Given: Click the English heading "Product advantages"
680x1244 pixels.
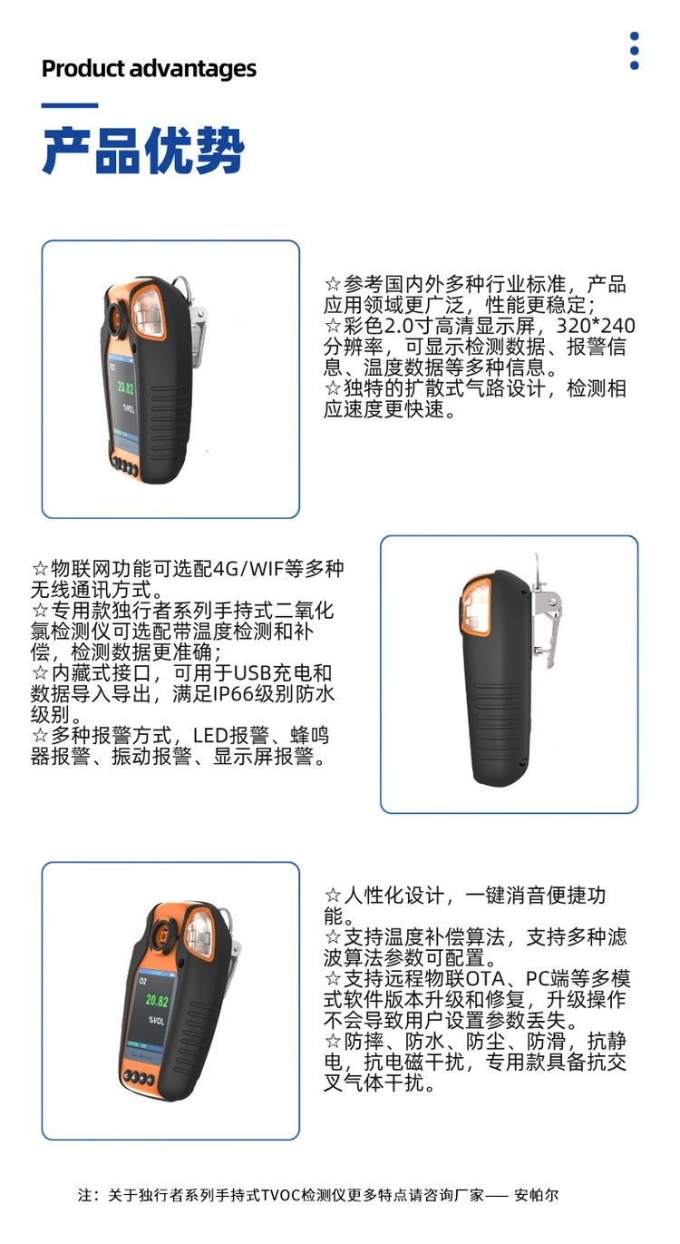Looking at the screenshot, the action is [x=149, y=69].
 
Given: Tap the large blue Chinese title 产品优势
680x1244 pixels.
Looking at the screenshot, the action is [x=143, y=150].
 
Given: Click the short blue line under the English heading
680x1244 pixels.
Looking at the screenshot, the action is [x=70, y=105].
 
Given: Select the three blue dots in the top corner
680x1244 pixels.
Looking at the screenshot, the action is [x=635, y=51].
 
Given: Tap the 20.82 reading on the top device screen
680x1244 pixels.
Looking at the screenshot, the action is [x=125, y=387].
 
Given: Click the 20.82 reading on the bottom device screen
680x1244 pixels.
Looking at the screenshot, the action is [x=157, y=1001].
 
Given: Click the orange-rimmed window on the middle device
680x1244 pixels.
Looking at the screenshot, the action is [x=475, y=606].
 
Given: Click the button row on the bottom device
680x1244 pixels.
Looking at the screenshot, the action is [x=138, y=1077].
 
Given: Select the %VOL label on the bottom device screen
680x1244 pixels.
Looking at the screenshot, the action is [x=157, y=1021].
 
